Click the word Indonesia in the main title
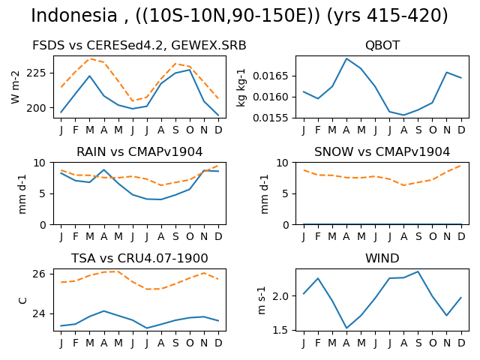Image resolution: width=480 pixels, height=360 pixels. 74,15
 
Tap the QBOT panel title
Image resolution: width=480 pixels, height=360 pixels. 382,45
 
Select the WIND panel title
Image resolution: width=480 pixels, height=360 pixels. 382,258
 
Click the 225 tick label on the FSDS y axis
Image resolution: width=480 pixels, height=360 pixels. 36,73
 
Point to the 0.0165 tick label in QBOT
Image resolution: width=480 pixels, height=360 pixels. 270,76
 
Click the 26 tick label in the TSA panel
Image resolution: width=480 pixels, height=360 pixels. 39,274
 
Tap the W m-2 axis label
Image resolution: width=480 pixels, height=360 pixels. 15,87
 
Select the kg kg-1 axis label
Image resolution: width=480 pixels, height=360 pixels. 241,88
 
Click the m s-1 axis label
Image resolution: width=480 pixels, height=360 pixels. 261,300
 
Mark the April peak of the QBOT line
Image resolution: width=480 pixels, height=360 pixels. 346,58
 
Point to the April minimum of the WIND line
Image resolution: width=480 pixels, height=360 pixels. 346,328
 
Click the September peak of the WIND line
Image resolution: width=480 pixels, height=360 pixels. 418,271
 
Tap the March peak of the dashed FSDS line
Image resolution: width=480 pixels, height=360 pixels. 90,58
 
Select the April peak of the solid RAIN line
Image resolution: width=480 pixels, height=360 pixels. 104,169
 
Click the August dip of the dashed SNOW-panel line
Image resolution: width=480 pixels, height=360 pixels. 404,185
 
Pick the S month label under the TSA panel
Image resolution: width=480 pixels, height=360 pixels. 175,343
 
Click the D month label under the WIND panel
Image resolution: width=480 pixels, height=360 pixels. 461,343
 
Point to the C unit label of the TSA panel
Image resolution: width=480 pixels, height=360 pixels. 23,300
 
